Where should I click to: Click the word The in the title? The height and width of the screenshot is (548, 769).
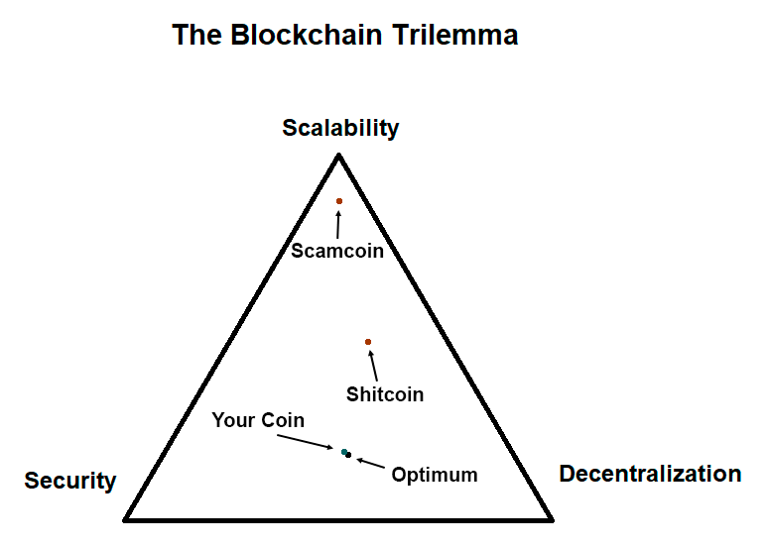[x=197, y=36]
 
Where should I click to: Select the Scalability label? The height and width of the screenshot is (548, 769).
[x=340, y=128]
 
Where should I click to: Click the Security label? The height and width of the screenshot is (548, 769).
[x=70, y=482]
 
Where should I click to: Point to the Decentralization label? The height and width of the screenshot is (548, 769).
[x=650, y=474]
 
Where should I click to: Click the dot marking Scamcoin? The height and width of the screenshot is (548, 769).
[x=338, y=201]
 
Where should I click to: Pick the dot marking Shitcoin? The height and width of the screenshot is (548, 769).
[x=368, y=342]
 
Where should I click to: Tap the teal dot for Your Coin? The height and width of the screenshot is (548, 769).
[x=344, y=452]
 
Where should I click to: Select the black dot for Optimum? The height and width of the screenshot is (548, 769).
[x=349, y=455]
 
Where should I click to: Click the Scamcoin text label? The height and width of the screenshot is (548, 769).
[x=337, y=252]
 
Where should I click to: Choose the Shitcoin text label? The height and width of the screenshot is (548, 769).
[x=385, y=394]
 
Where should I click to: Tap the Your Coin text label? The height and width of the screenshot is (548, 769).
[x=258, y=421]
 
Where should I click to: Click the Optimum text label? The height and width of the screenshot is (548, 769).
[x=435, y=475]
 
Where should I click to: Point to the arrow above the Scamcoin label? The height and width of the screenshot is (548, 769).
[x=338, y=223]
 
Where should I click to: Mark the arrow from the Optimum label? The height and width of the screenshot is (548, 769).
[x=369, y=462]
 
